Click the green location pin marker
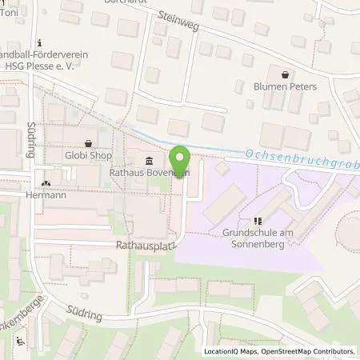tap(181, 159)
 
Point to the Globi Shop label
tap(88, 157)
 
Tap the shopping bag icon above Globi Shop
tap(88, 144)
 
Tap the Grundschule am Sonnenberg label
tap(257, 238)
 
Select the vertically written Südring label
tap(33, 137)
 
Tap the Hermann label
tap(46, 194)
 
